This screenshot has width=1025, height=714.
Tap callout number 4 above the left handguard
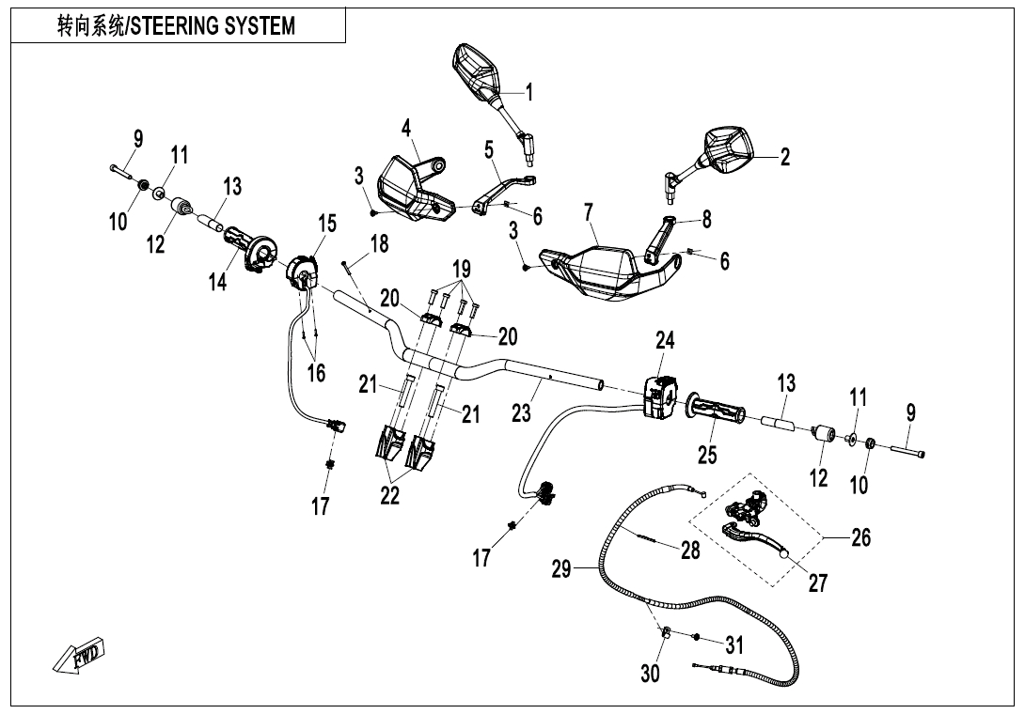tap(406, 128)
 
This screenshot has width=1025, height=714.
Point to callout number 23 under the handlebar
tap(522, 411)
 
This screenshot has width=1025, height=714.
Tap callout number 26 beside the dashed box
tap(859, 537)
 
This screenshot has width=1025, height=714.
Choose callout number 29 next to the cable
tap(561, 569)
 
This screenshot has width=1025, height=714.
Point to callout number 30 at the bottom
tap(651, 673)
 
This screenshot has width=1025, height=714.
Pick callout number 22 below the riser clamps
tap(391, 495)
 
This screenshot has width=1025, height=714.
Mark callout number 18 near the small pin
tap(378, 244)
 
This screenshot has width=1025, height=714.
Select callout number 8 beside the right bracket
tap(707, 220)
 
